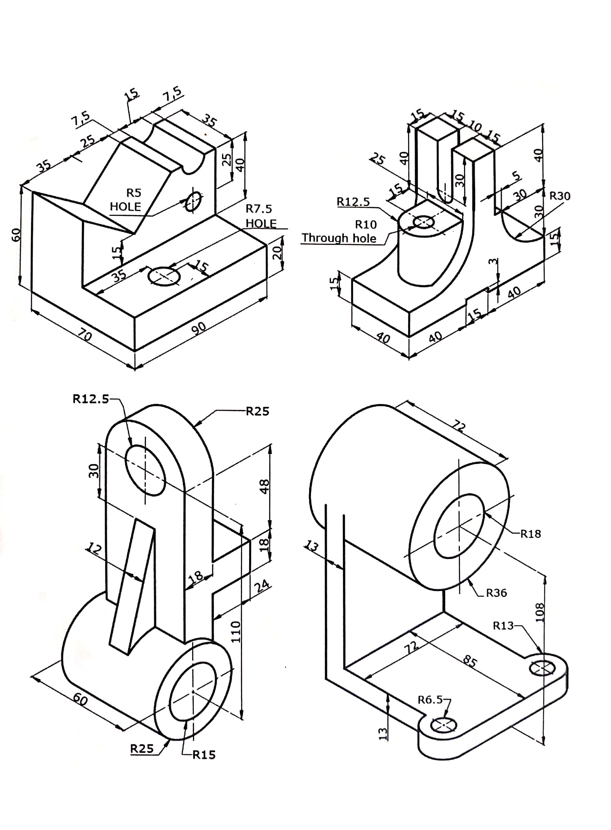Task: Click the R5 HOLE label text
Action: click(126, 200)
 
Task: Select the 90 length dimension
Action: click(199, 327)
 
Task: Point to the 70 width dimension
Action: click(85, 336)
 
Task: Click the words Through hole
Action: click(339, 238)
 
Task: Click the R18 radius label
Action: click(530, 533)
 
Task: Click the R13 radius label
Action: click(503, 626)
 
